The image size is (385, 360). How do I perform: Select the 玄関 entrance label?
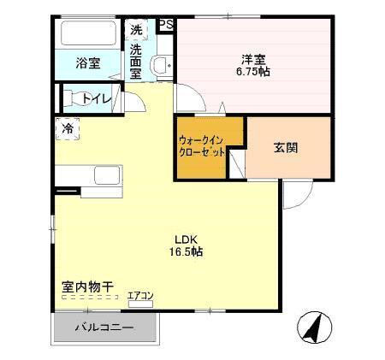click(x=286, y=147)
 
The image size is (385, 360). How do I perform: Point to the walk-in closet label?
click(x=202, y=145)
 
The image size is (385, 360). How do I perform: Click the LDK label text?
click(x=186, y=239)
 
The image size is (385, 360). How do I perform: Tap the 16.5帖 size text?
click(x=186, y=252)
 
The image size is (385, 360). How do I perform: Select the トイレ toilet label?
click(x=97, y=99)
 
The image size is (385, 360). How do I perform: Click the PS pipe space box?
click(x=166, y=26)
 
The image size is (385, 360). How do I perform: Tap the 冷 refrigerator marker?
click(x=67, y=129)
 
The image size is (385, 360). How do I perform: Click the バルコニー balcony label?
click(x=104, y=328)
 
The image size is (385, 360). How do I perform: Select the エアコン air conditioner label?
click(x=140, y=296)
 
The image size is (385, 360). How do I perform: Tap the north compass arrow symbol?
click(x=314, y=327)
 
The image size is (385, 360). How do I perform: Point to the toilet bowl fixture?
click(x=74, y=98)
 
